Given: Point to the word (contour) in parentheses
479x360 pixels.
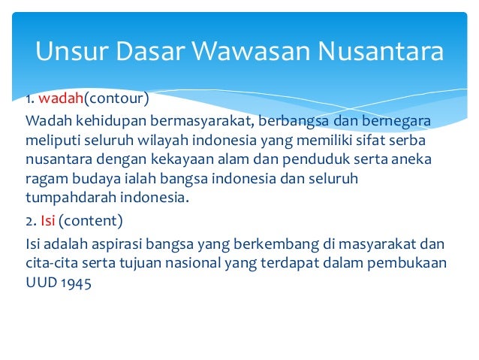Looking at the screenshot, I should [x=116, y=98].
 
